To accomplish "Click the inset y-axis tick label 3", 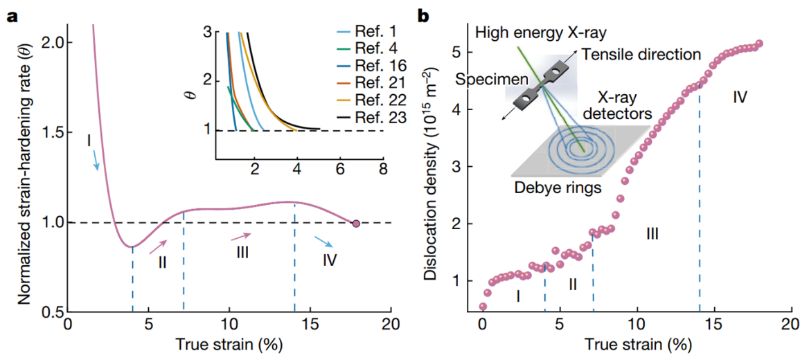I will point(206,32).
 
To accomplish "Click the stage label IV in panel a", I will point(330,261).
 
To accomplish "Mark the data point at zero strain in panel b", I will point(483,306).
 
